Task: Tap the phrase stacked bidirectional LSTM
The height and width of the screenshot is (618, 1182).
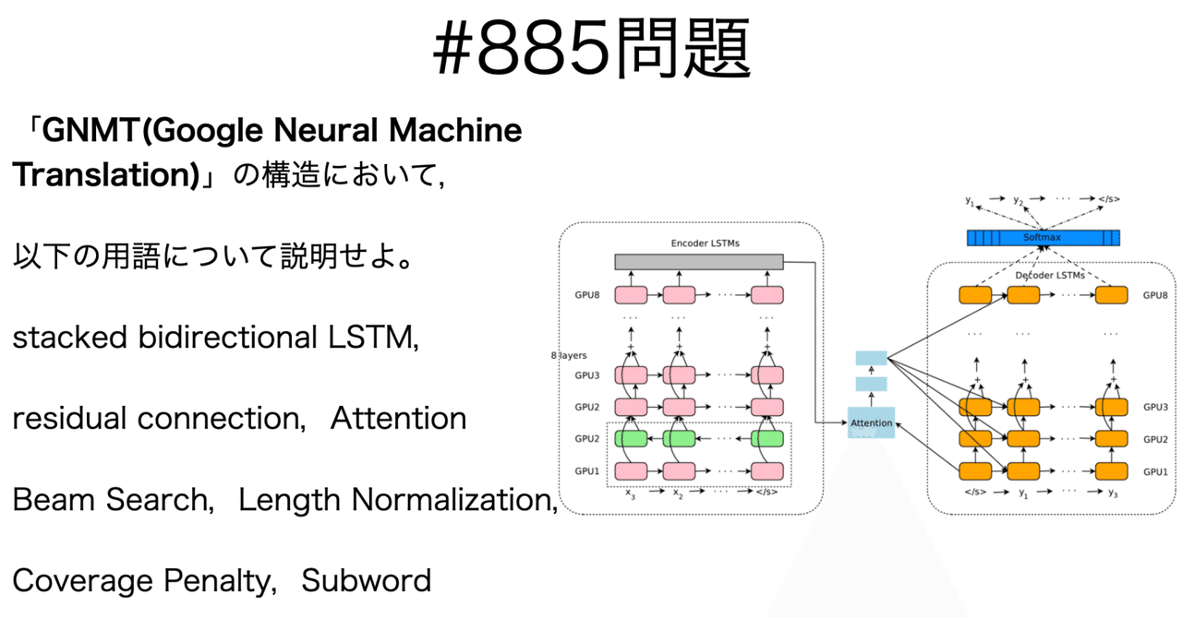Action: tap(215, 338)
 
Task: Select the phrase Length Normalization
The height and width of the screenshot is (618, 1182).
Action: tap(397, 500)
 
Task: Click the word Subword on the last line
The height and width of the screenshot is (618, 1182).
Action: tap(367, 581)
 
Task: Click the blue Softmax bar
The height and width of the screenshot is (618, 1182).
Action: tap(1042, 238)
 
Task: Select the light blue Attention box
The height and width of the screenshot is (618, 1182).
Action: tap(871, 422)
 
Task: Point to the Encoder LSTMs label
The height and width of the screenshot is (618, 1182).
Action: tap(698, 244)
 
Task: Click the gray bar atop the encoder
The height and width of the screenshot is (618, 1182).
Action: tap(698, 262)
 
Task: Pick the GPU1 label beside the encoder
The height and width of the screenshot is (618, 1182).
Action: tap(587, 471)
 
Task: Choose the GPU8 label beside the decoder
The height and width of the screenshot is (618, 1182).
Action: tap(1155, 296)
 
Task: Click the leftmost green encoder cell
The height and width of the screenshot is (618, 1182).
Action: tap(631, 439)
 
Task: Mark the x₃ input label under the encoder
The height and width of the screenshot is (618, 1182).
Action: tap(630, 493)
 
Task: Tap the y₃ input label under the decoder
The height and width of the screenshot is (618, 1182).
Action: tap(1114, 493)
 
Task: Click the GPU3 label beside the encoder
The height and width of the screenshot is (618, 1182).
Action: tap(587, 375)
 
